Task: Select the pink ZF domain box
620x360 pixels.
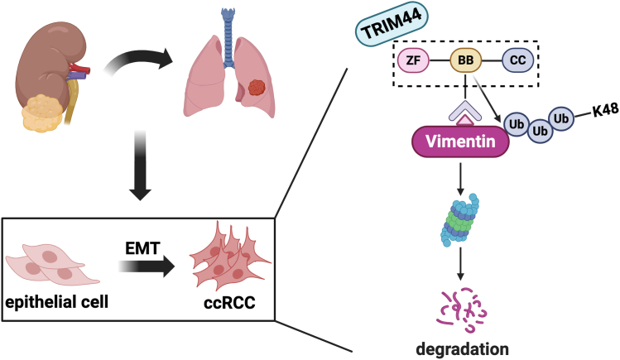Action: (413, 60)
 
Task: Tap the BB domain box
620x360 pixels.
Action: (466, 60)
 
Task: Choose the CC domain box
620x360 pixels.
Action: (517, 60)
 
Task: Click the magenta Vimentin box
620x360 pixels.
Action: (460, 142)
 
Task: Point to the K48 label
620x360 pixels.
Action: (605, 111)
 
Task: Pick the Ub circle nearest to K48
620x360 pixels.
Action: (561, 118)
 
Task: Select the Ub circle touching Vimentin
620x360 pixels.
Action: (517, 124)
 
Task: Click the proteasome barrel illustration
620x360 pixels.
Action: (459, 219)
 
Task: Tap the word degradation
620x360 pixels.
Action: (462, 349)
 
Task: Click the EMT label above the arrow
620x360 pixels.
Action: (142, 248)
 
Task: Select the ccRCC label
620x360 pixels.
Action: (230, 303)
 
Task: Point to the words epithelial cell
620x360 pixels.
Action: (57, 302)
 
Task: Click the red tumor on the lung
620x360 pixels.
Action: (257, 88)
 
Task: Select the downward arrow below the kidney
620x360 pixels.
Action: (141, 166)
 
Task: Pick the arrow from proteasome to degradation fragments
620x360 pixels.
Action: (460, 264)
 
